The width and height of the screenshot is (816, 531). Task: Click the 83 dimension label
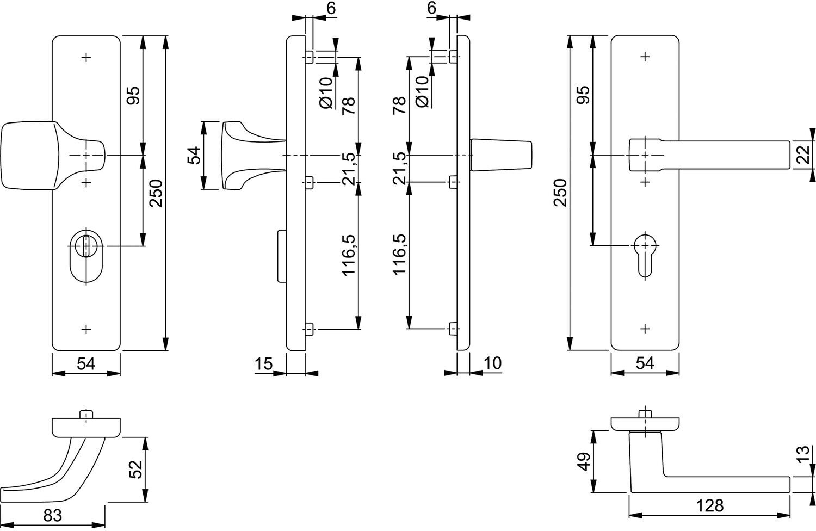53,515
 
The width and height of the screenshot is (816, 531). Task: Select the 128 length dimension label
709,505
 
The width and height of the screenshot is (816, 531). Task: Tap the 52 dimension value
135,469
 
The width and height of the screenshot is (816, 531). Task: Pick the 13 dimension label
804,454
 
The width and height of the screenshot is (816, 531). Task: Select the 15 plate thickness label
263,364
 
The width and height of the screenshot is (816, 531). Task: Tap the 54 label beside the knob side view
194,155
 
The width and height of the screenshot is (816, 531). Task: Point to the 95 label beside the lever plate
584,95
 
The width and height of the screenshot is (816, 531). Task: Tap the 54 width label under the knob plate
86,364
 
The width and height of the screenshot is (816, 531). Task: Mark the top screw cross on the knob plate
86,57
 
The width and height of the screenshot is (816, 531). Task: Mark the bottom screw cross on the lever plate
645,329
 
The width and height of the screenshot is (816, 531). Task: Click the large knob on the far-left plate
53,156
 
